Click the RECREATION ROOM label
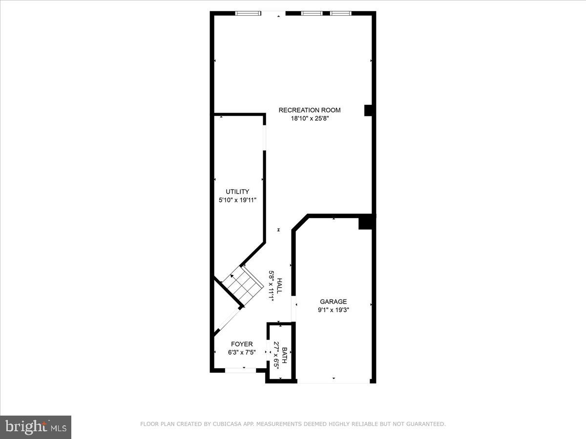click(310, 110)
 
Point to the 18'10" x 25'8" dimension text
click(310, 118)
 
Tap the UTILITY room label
click(237, 192)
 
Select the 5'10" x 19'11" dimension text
click(237, 200)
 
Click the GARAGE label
click(333, 301)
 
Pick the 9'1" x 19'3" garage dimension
click(333, 309)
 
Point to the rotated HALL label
click(280, 286)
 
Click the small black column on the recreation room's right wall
click(369, 111)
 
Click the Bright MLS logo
click(36, 427)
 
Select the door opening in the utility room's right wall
click(265, 138)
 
